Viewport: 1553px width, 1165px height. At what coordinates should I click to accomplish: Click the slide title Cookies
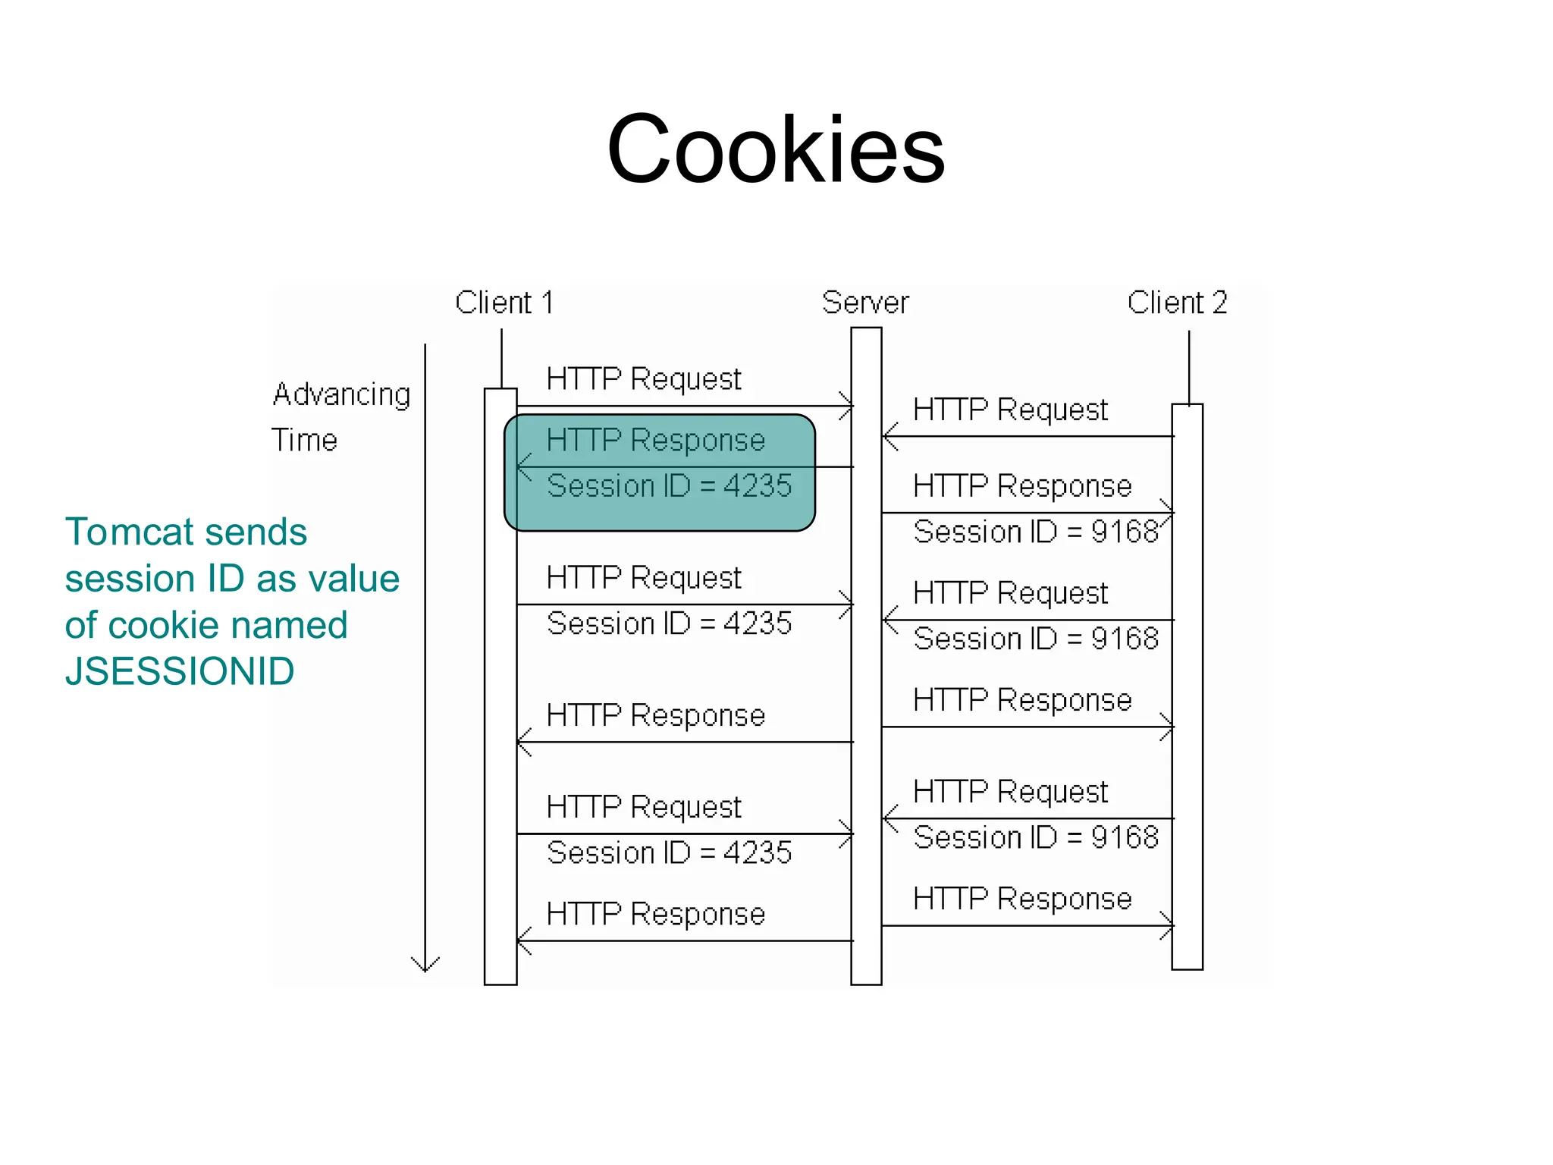click(776, 149)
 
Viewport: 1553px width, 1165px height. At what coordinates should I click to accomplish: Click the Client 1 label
click(504, 303)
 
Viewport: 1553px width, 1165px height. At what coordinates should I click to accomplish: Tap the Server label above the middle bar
click(865, 303)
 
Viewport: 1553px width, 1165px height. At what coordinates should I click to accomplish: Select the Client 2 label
click(1177, 303)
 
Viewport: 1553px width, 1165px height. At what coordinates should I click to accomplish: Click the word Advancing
click(341, 394)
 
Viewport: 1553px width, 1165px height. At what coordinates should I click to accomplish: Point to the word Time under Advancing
click(304, 440)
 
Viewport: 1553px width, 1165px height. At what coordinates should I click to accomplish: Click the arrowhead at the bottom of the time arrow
click(425, 966)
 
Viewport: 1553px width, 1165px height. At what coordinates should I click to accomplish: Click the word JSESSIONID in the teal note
click(180, 672)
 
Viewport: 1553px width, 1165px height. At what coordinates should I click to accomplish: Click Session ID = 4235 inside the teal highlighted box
click(669, 486)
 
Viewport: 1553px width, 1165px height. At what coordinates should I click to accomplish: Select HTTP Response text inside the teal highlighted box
click(656, 441)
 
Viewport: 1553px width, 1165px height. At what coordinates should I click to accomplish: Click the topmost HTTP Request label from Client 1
click(644, 379)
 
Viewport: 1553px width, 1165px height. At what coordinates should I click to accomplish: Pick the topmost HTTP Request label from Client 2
click(1010, 410)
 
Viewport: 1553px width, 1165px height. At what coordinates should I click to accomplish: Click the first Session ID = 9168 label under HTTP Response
click(1036, 532)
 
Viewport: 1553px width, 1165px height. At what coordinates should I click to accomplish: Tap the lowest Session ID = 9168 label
click(1036, 837)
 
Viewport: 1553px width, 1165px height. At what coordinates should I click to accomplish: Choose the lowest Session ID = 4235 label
click(669, 853)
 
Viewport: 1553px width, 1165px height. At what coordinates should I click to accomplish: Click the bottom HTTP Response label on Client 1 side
click(656, 914)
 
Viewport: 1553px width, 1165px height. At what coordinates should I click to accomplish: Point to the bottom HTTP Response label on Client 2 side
click(1022, 899)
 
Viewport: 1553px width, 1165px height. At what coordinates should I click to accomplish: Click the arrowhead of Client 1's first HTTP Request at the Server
click(849, 406)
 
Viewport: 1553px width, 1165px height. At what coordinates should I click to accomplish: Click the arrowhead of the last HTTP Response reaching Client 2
click(1169, 925)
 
